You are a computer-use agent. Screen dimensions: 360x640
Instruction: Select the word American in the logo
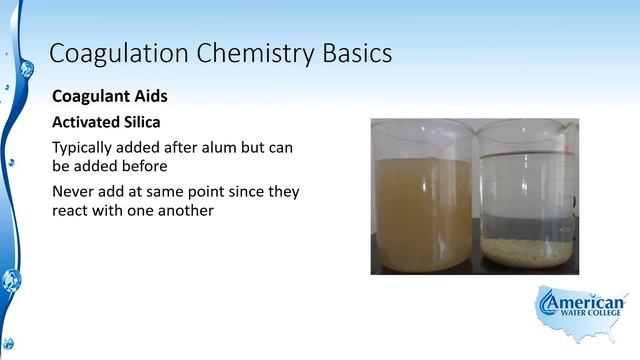[x=588, y=303]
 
